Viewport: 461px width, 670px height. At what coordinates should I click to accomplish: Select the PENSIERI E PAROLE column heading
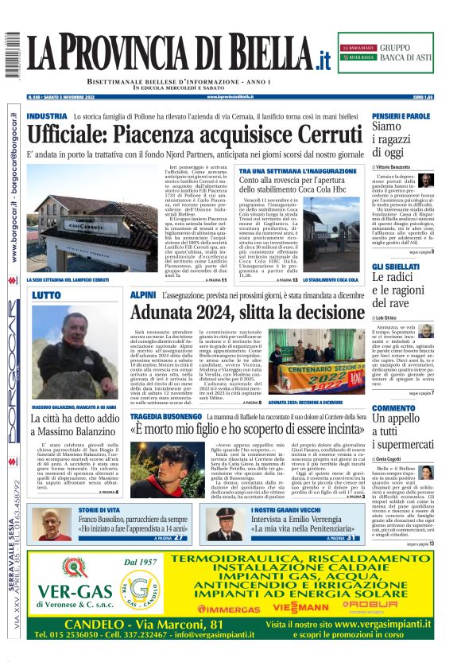[x=401, y=116]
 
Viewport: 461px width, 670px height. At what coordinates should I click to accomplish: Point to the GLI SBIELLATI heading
[x=396, y=266]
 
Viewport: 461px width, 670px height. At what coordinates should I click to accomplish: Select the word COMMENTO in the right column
[x=393, y=408]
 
